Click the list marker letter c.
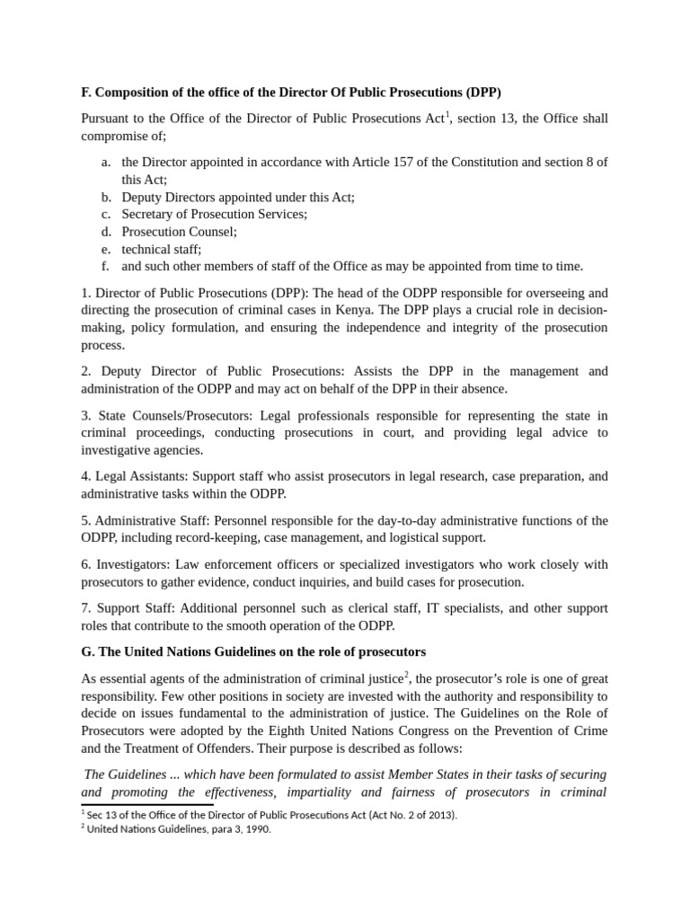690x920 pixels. (105, 214)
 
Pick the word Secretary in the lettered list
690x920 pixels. (150, 214)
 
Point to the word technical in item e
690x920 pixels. (147, 249)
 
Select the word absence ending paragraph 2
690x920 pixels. (484, 389)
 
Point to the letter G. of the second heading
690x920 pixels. (88, 651)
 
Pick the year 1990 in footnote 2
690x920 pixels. (255, 829)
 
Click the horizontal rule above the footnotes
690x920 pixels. (147, 804)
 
